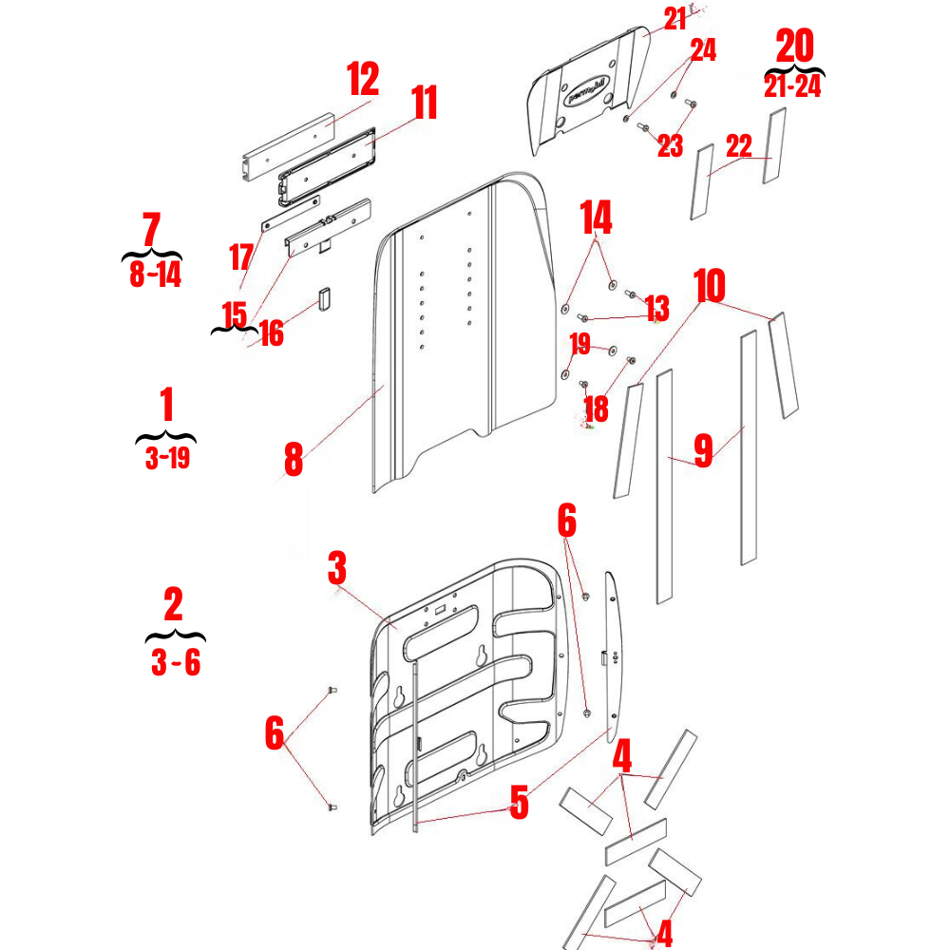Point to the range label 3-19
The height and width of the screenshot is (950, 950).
pyautogui.click(x=166, y=460)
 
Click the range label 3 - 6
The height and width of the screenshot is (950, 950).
pyautogui.click(x=176, y=662)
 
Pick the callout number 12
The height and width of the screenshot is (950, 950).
pyautogui.click(x=362, y=79)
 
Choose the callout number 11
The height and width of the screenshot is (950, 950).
pyautogui.click(x=425, y=103)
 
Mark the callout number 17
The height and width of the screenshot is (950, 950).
pyautogui.click(x=241, y=257)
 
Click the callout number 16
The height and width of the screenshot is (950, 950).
pyautogui.click(x=272, y=333)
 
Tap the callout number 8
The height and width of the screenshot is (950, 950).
pyautogui.click(x=294, y=459)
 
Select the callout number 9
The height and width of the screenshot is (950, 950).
pyautogui.click(x=703, y=450)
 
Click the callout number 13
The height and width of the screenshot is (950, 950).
pyautogui.click(x=656, y=309)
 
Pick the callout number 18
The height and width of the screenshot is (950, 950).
pyautogui.click(x=597, y=409)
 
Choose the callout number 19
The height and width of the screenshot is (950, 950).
pyautogui.click(x=579, y=343)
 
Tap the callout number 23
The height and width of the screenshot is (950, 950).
pyautogui.click(x=670, y=146)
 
